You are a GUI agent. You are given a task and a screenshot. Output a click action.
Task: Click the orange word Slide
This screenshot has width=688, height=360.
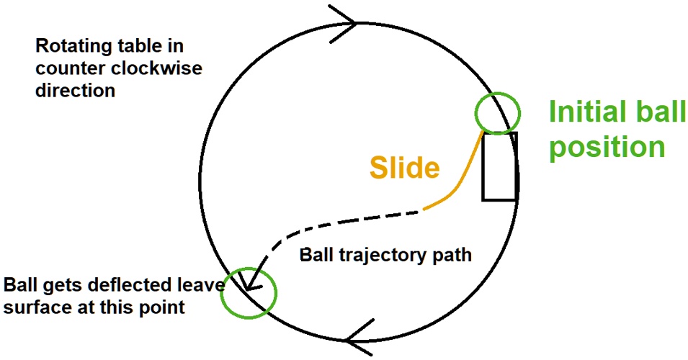[404, 168]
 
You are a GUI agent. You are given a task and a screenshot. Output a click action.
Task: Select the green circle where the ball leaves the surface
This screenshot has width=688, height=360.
[249, 293]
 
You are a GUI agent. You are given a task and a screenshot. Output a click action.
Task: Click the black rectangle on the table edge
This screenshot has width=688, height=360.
[499, 166]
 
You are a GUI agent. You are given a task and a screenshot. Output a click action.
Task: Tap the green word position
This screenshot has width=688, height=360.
[606, 147]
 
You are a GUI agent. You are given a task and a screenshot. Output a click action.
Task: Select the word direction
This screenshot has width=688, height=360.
[75, 91]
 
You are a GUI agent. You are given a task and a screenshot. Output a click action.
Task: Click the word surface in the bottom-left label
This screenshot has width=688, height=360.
[34, 307]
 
